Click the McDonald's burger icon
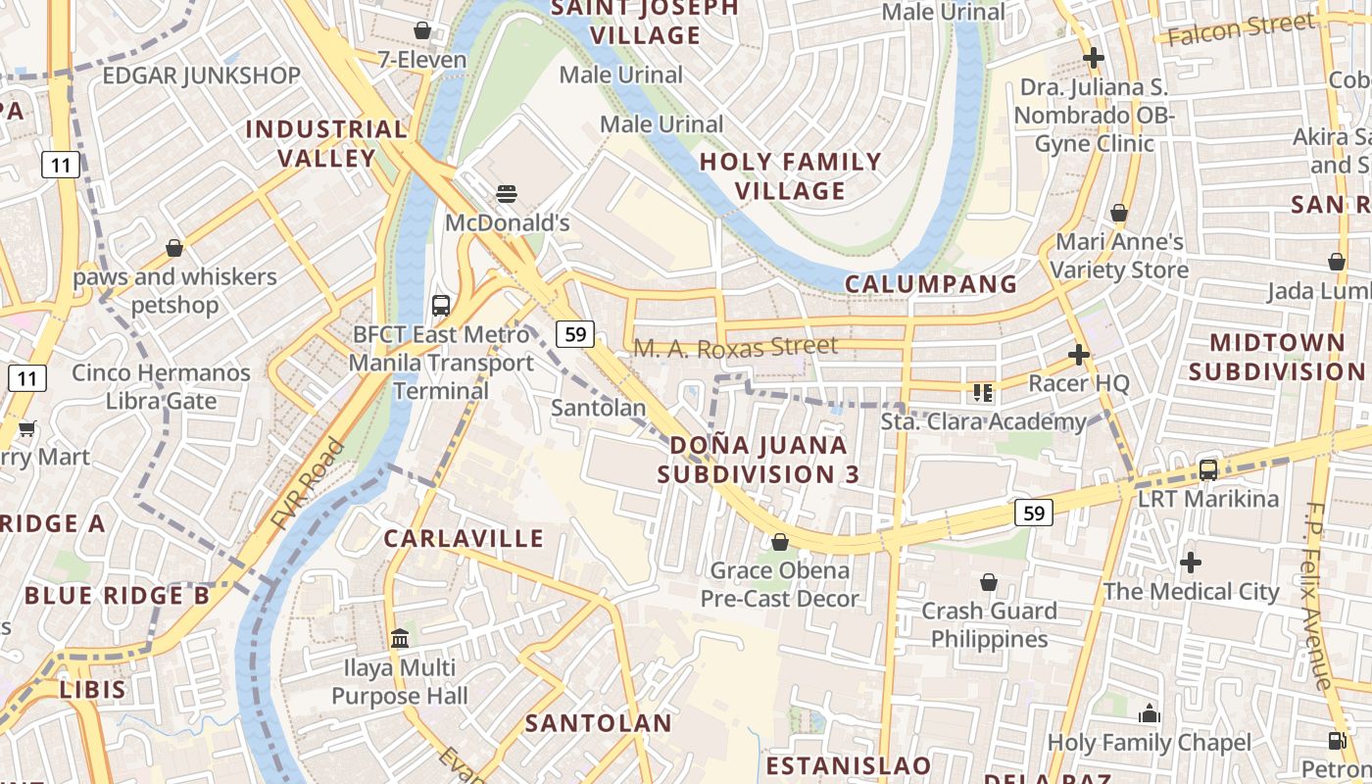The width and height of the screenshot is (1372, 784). tap(506, 193)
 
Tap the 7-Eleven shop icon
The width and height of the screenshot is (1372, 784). tap(422, 30)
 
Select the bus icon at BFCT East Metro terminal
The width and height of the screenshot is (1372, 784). tap(441, 305)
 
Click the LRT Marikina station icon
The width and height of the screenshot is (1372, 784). tap(1207, 469)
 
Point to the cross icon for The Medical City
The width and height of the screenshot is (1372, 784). tap(1191, 563)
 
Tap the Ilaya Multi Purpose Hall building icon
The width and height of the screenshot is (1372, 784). tap(400, 639)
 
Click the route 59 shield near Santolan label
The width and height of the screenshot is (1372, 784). tap(575, 334)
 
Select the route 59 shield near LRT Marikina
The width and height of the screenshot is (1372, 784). tap(1035, 513)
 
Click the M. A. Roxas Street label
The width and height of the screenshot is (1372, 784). tap(735, 347)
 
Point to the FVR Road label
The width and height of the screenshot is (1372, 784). tap(309, 484)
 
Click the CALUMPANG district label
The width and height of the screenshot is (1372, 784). tap(931, 284)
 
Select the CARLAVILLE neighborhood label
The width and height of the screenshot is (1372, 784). tap(463, 538)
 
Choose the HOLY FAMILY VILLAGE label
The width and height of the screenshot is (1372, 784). tap(791, 175)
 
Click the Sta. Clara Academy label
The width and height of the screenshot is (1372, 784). tap(983, 421)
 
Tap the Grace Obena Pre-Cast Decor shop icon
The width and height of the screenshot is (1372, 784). tap(780, 542)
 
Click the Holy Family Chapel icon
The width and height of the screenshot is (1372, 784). tap(1149, 713)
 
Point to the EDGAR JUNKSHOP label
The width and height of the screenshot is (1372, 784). tap(201, 75)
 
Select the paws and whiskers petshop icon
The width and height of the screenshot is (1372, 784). tap(174, 248)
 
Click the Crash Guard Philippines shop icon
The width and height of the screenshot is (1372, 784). tap(989, 582)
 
